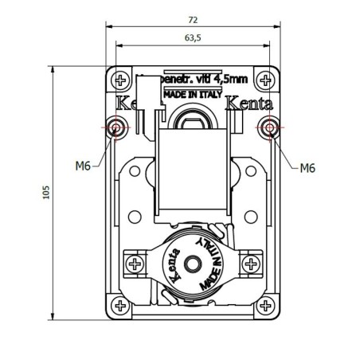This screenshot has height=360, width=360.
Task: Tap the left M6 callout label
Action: [83, 166]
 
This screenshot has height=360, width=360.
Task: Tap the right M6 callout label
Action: [309, 167]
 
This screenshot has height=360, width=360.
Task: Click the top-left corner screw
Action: [121, 80]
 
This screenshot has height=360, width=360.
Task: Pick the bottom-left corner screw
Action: [121, 303]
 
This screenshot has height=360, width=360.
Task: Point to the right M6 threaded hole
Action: [270, 127]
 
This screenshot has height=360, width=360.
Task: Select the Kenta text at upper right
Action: [249, 104]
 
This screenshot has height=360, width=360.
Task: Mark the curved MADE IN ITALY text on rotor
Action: [212, 260]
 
